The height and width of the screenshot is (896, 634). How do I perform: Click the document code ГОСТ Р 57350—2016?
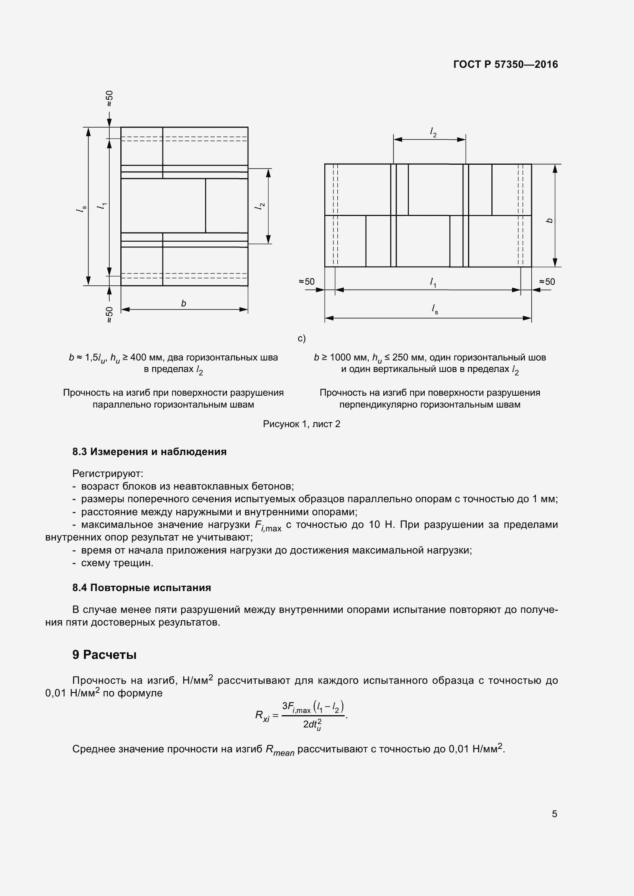506,64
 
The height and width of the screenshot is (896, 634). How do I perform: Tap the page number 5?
554,814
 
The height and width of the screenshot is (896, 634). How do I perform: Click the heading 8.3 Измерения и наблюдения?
149,452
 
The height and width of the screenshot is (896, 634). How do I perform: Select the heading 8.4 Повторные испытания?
141,588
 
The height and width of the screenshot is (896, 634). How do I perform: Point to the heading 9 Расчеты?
104,654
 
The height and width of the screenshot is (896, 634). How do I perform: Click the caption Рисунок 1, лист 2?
301,424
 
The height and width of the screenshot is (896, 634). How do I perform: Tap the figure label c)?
301,338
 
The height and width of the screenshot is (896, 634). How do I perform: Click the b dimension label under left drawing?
184,303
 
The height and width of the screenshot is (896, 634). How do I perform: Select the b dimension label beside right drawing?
550,221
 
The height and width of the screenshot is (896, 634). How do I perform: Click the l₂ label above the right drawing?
433,133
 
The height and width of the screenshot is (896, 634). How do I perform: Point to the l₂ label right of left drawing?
259,206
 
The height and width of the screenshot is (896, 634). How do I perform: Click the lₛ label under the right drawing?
435,310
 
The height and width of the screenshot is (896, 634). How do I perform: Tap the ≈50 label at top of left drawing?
110,98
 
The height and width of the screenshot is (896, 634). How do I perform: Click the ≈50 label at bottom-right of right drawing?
547,282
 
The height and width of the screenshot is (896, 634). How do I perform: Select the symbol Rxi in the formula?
262,716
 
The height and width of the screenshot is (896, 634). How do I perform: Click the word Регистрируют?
108,474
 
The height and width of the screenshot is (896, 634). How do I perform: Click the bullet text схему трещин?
117,563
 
